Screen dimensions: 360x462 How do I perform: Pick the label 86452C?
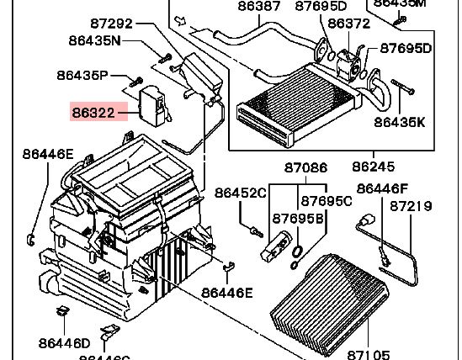tap(240, 193)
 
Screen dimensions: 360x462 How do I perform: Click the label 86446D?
tap(63, 342)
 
